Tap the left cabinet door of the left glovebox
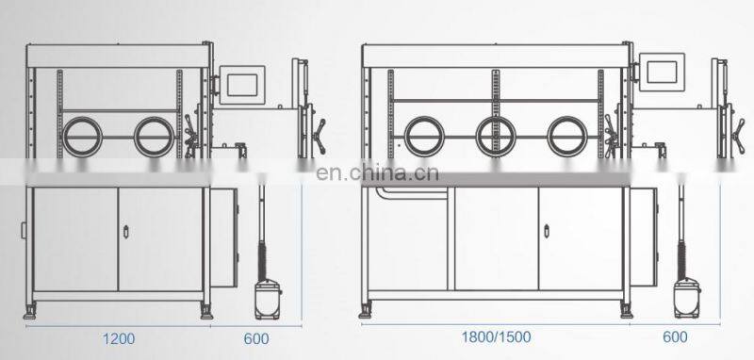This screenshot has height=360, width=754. (75, 239)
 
